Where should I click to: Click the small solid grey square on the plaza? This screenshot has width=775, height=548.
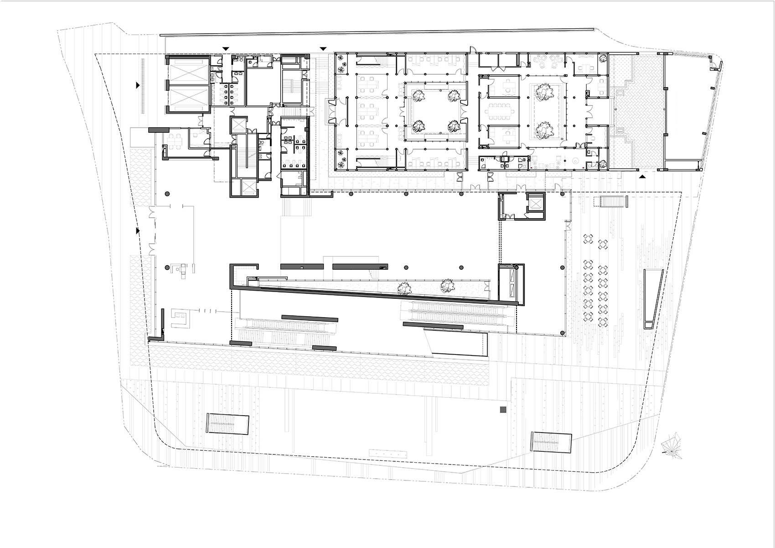pyautogui.click(x=503, y=410)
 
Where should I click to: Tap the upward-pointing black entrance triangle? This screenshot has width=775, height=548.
pyautogui.click(x=643, y=176)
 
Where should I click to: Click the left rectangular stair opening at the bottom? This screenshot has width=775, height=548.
pyautogui.click(x=228, y=424)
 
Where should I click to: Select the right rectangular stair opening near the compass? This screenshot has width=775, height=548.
pyautogui.click(x=551, y=442)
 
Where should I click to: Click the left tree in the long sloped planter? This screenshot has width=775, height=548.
pyautogui.click(x=403, y=287)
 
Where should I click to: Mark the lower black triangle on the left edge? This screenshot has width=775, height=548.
pyautogui.click(x=138, y=231)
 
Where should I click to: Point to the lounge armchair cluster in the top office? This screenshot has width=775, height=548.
pyautogui.click(x=548, y=59)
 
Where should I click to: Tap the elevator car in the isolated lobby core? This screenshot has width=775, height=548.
pyautogui.click(x=535, y=203)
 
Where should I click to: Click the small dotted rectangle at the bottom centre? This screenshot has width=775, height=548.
pyautogui.click(x=388, y=454)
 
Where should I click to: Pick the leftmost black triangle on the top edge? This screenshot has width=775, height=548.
pyautogui.click(x=226, y=48)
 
